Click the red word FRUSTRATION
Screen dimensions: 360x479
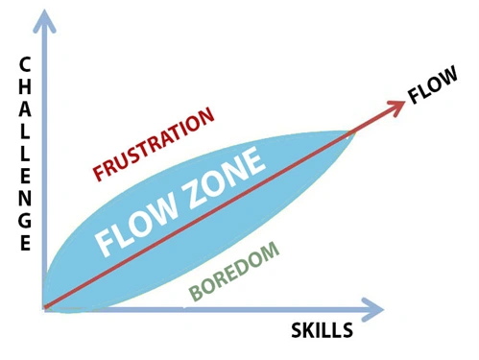pos(153,145)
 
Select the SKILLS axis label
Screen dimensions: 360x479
pos(323,332)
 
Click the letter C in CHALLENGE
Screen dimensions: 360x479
pos(23,65)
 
